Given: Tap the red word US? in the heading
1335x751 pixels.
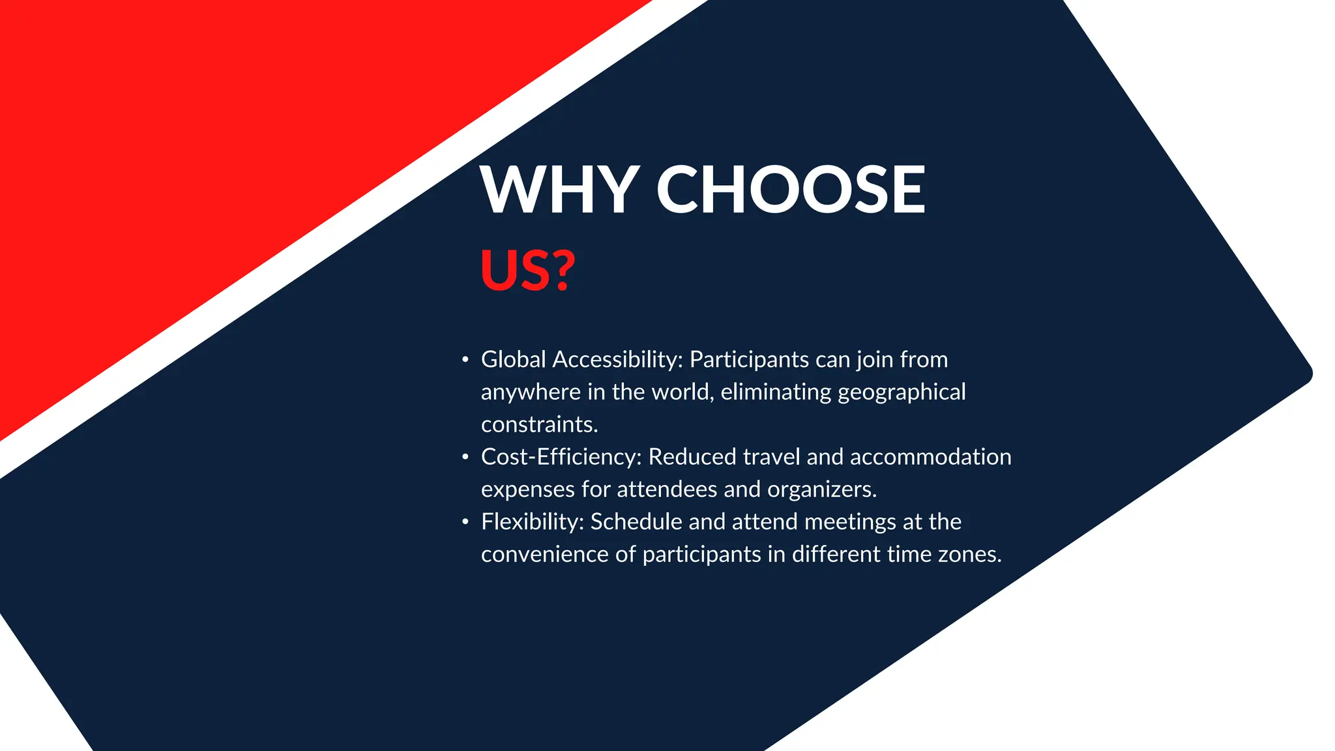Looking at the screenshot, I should point(528,270).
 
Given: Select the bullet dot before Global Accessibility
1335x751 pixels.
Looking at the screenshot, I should point(465,360).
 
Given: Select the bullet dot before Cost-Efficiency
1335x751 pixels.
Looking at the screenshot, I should point(465,457).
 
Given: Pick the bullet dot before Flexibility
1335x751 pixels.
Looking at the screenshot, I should point(465,522).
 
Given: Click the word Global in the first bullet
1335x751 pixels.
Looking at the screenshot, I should point(513,359).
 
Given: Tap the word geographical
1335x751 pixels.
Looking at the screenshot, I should point(902,392).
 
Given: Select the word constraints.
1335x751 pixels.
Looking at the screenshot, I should point(539,424).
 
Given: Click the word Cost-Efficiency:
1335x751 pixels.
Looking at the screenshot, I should point(561,457).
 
